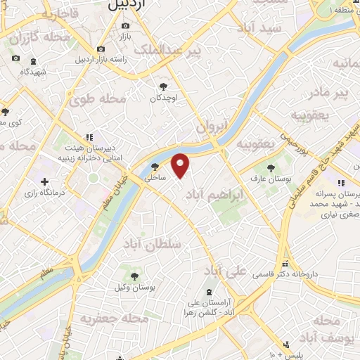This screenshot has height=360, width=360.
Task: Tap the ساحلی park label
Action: [155, 179]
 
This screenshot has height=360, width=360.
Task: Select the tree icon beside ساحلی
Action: [155, 167]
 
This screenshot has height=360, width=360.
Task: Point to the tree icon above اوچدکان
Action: [164, 86]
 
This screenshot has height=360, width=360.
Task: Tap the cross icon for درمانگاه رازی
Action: [46, 182]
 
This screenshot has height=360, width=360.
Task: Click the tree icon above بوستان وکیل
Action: [134, 276]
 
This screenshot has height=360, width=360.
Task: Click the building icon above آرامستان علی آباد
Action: [209, 292]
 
